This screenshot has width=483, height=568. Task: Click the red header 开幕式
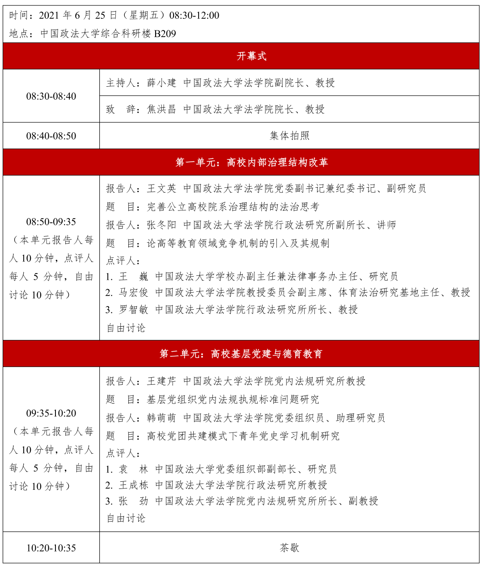251,56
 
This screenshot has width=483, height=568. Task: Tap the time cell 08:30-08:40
51,96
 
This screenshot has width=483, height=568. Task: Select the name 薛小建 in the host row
161,83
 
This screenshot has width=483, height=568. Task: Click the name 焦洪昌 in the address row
161,109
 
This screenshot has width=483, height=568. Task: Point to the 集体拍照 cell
289,135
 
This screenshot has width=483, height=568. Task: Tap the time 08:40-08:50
51,136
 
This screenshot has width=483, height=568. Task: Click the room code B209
165,34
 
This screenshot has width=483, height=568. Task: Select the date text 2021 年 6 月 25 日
78,15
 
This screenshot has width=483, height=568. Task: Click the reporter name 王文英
161,189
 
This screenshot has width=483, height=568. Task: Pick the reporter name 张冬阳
161,225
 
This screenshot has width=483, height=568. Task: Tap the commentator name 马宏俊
133,292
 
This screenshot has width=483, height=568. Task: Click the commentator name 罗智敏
133,309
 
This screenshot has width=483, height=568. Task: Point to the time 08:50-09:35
51,222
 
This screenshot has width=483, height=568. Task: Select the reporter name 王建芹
161,381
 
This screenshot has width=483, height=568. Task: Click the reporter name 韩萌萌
161,418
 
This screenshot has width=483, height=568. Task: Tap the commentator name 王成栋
133,485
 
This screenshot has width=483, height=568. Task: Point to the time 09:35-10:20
51,413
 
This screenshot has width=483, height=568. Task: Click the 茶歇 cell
289,547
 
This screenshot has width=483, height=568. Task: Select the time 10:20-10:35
51,548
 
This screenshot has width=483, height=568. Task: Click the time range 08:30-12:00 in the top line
195,15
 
